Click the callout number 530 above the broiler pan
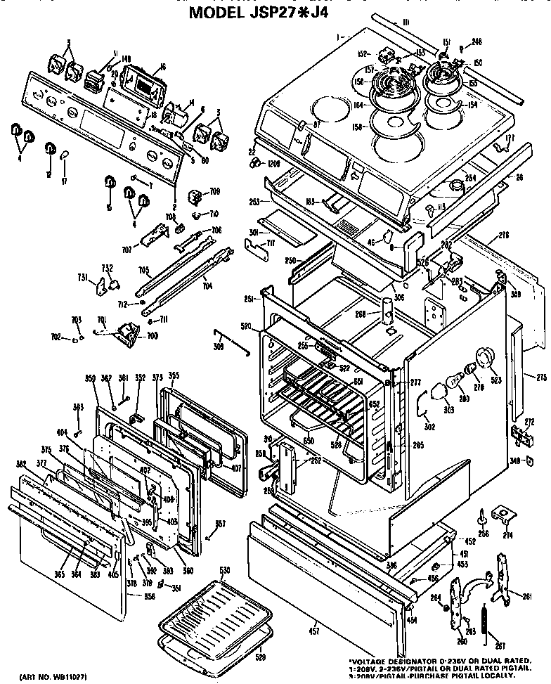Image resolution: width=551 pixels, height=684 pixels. [x=224, y=569]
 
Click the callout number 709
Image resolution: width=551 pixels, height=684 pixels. [x=214, y=191]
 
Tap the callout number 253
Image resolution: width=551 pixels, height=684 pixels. [x=254, y=201]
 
